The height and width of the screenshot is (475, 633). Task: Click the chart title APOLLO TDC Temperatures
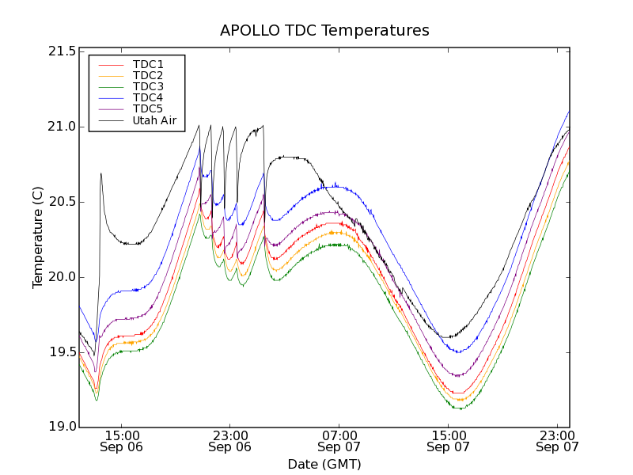[x=324, y=31]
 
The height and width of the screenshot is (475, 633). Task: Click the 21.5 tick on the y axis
[x=61, y=51]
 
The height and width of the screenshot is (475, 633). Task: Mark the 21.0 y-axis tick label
[x=61, y=127]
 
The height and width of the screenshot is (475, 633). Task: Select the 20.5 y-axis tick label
[x=61, y=202]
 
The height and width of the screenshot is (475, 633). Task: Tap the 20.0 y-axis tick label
[x=61, y=277]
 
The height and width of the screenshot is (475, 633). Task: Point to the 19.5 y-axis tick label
[x=61, y=352]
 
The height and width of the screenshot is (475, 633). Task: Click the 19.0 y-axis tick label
[x=61, y=427]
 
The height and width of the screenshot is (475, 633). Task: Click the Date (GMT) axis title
[x=324, y=464]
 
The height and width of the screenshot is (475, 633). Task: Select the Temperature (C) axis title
[x=38, y=237]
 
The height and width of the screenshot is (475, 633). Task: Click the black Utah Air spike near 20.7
[x=100, y=174]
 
